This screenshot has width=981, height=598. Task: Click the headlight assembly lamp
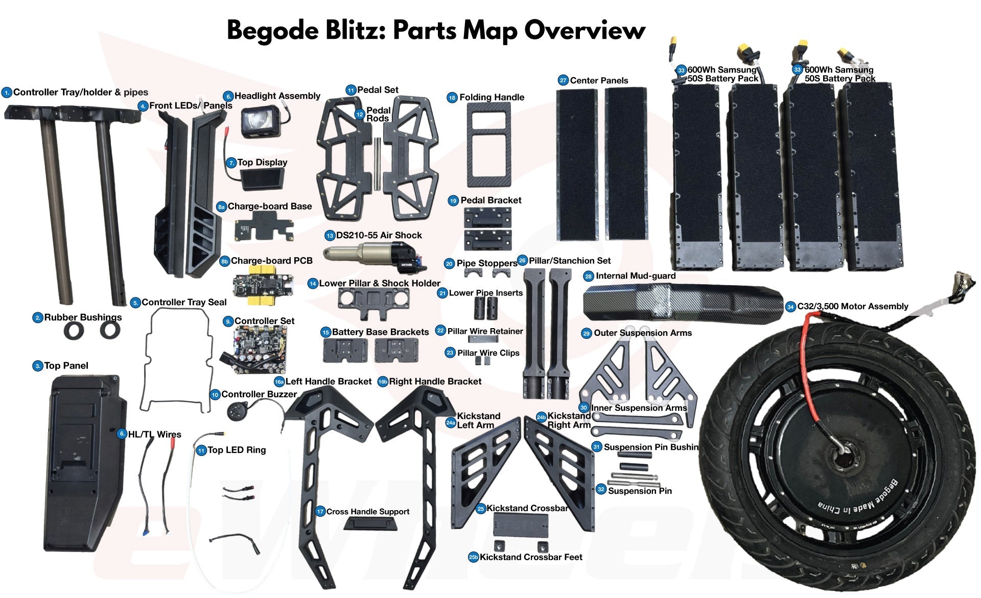[260, 122]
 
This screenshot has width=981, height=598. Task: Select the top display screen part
[261, 179]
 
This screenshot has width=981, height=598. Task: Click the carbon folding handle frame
[489, 145]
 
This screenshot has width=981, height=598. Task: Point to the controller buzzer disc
[237, 410]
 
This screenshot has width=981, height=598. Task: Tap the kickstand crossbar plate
[521, 524]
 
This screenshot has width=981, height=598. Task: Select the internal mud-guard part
[682, 303]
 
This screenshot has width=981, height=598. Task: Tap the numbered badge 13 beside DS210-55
[330, 236]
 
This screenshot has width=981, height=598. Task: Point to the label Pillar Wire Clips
[488, 353]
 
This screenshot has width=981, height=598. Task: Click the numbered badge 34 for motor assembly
[790, 307]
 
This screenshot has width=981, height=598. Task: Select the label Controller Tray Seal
[184, 302]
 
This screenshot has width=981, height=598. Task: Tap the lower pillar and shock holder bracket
[373, 300]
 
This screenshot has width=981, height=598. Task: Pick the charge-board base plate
[264, 228]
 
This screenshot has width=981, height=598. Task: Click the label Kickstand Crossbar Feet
[531, 557]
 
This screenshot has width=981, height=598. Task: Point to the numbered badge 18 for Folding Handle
[452, 98]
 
